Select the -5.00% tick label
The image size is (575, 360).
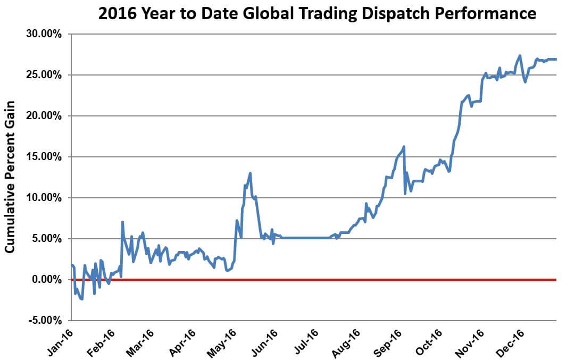(x=45, y=321)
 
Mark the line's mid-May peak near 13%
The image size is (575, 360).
(x=250, y=173)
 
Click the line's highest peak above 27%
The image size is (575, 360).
(x=520, y=55)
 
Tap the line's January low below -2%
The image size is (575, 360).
(x=82, y=299)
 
